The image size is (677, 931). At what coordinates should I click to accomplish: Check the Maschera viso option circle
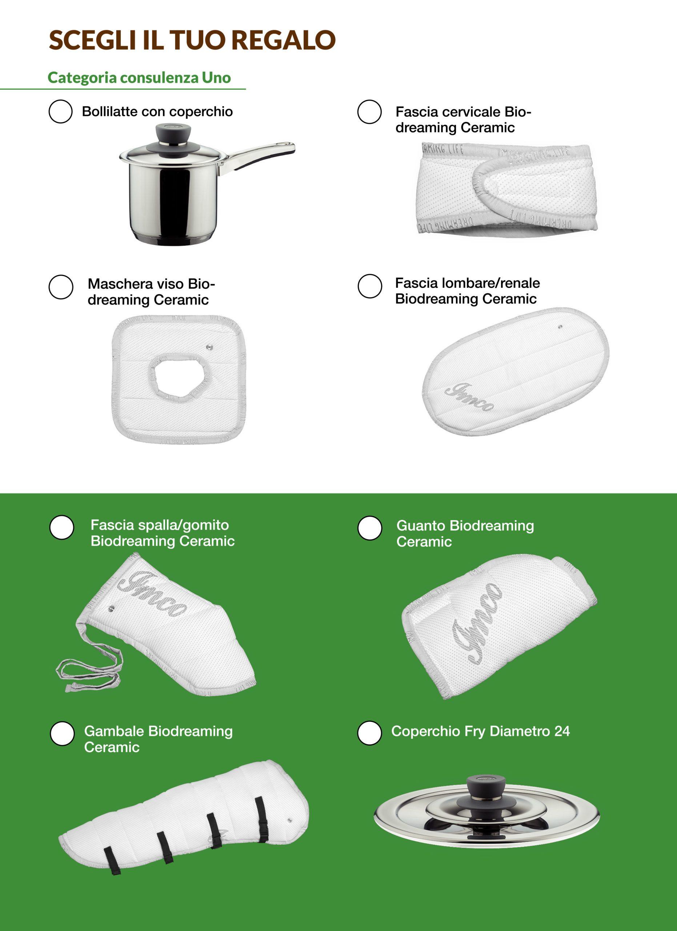click(61, 287)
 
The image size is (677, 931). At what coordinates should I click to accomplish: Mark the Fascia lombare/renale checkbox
click(370, 286)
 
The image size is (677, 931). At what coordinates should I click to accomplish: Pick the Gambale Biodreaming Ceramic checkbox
click(62, 734)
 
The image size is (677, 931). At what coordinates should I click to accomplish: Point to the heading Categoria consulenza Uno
click(139, 77)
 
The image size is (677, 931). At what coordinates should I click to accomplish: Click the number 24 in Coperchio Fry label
click(562, 731)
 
